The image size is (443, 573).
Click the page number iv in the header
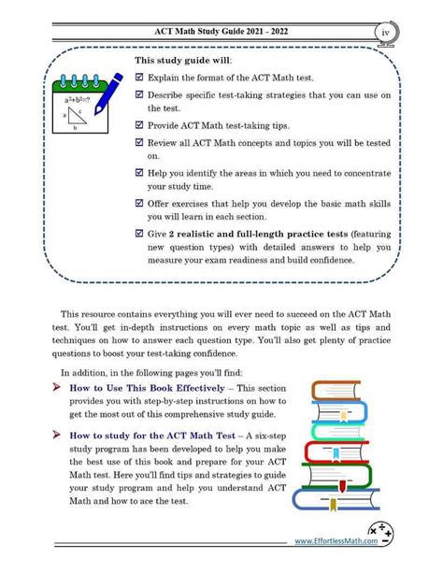(x=386, y=34)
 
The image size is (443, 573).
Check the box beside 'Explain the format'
(x=139, y=79)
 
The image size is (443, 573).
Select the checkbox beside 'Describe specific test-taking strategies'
(x=139, y=100)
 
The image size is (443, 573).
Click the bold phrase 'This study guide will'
(x=182, y=61)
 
